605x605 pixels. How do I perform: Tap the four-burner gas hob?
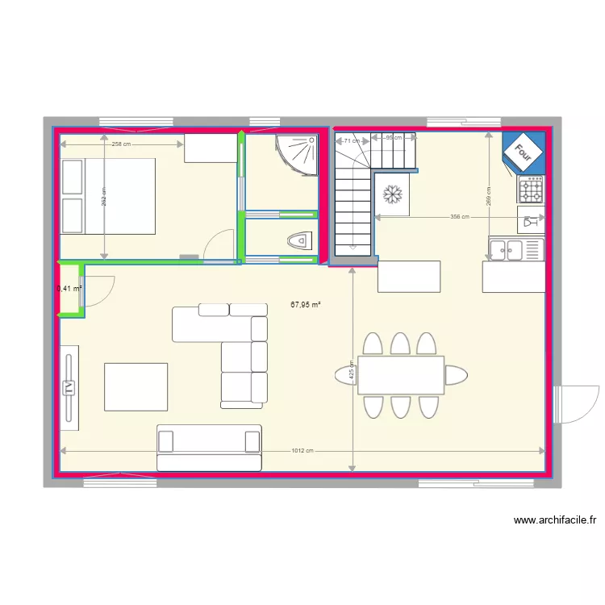tap(531, 190)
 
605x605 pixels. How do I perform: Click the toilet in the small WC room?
tap(299, 240)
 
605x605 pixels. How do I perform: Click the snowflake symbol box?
tap(393, 194)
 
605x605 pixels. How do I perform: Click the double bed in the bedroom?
tap(107, 196)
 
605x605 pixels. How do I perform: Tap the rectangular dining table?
tap(401, 375)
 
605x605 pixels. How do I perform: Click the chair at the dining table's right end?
tap(456, 375)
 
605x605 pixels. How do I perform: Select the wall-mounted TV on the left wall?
tap(69, 385)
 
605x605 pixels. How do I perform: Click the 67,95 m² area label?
tap(306, 304)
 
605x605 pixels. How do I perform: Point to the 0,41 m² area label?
tap(70, 288)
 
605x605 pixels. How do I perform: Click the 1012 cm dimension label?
tap(302, 451)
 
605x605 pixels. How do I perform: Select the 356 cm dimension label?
tap(459, 217)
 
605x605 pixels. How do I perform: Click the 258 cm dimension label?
tap(122, 144)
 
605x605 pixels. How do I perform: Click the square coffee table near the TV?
tap(136, 386)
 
